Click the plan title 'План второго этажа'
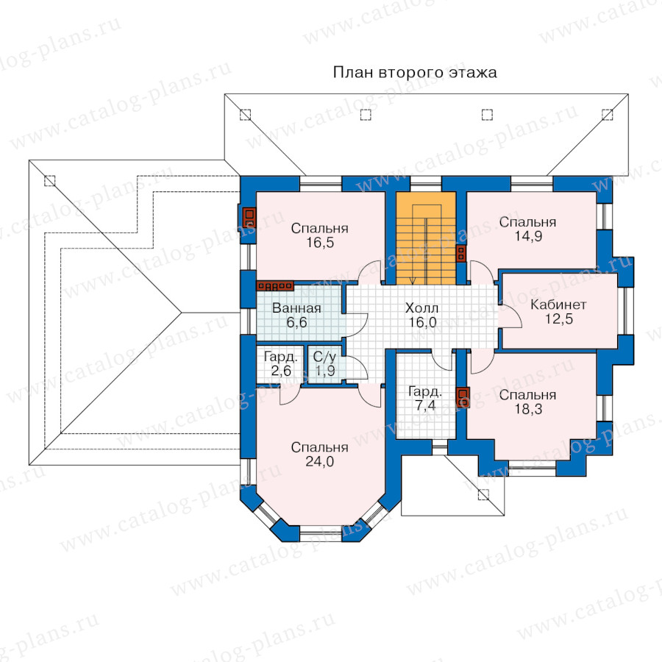(415, 73)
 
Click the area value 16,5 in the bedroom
(320, 243)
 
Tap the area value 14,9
(527, 236)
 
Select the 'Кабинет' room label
(558, 305)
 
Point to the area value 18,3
(527, 409)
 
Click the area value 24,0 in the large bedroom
(320, 461)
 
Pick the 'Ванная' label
(296, 308)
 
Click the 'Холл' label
(421, 308)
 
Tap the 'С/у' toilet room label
(324, 357)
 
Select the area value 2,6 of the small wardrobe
(281, 371)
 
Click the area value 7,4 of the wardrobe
(425, 406)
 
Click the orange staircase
(426, 238)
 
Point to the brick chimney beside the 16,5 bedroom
(249, 217)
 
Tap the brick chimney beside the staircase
(461, 253)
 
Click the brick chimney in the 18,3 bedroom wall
(463, 397)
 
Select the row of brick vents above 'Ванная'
(275, 286)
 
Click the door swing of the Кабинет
(510, 316)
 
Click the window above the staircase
(426, 184)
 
